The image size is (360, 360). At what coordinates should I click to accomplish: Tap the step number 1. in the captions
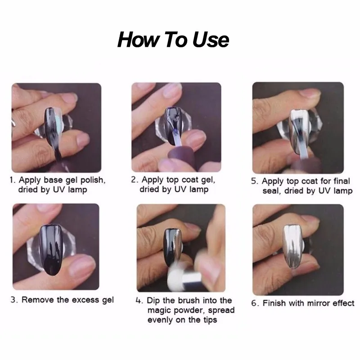point(13,180)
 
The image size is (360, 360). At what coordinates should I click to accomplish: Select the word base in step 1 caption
point(53,180)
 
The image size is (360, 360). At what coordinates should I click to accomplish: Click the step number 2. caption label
point(135,180)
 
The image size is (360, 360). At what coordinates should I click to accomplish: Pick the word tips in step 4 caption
point(209,320)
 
